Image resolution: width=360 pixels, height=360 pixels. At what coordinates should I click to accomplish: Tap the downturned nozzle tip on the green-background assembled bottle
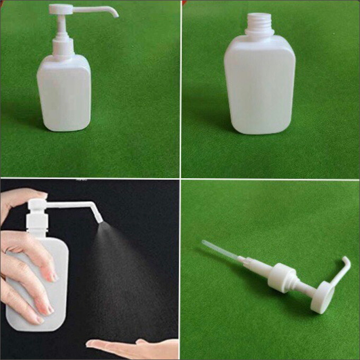pyautogui.click(x=115, y=14)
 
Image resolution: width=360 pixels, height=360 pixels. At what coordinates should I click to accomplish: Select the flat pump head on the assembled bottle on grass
pyautogui.click(x=60, y=9)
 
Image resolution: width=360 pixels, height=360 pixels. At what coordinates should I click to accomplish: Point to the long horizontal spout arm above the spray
pyautogui.click(x=69, y=204)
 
